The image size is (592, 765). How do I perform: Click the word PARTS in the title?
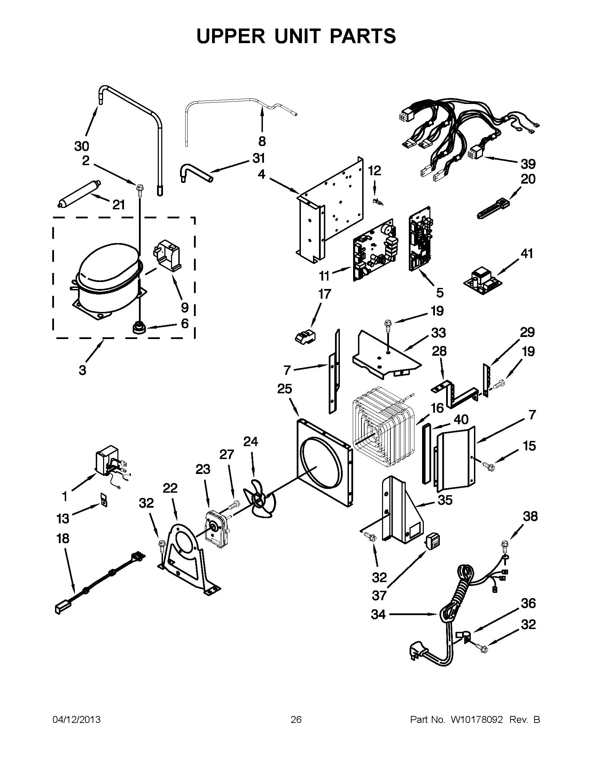362,36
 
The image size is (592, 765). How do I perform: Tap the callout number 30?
82,146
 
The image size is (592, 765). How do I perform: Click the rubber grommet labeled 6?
139,328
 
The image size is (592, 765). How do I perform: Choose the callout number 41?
527,253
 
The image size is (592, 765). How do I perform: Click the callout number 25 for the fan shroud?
285,389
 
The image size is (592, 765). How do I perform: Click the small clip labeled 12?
377,201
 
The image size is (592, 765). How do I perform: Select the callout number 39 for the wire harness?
528,164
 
